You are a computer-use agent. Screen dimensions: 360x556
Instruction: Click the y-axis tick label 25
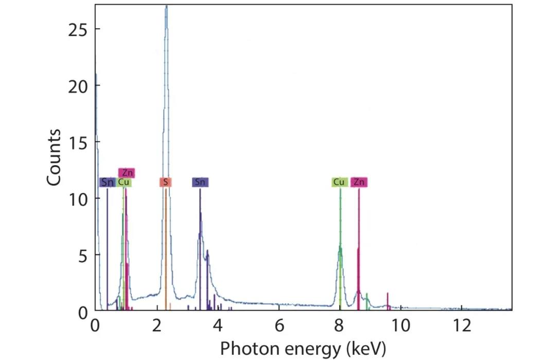[78, 29]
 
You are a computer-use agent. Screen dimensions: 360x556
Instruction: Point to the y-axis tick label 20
[78, 85]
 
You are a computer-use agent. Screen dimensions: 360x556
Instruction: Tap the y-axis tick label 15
[78, 142]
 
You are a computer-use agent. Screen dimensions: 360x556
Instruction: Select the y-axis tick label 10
[78, 198]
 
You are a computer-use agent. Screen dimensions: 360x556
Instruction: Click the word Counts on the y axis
[54, 158]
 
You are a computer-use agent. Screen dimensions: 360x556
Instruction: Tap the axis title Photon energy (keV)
[303, 349]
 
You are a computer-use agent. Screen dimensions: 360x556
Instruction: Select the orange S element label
[165, 182]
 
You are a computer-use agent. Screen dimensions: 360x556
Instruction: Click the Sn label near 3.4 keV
[200, 182]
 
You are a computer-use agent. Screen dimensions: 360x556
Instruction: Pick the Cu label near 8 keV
[339, 182]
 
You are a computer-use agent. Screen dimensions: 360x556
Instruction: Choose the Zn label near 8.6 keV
[359, 182]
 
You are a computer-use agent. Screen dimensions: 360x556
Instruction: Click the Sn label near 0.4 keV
[108, 182]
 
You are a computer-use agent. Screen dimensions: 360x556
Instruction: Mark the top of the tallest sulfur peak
[166, 6]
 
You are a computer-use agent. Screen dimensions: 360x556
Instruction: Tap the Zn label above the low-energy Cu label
[127, 173]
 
